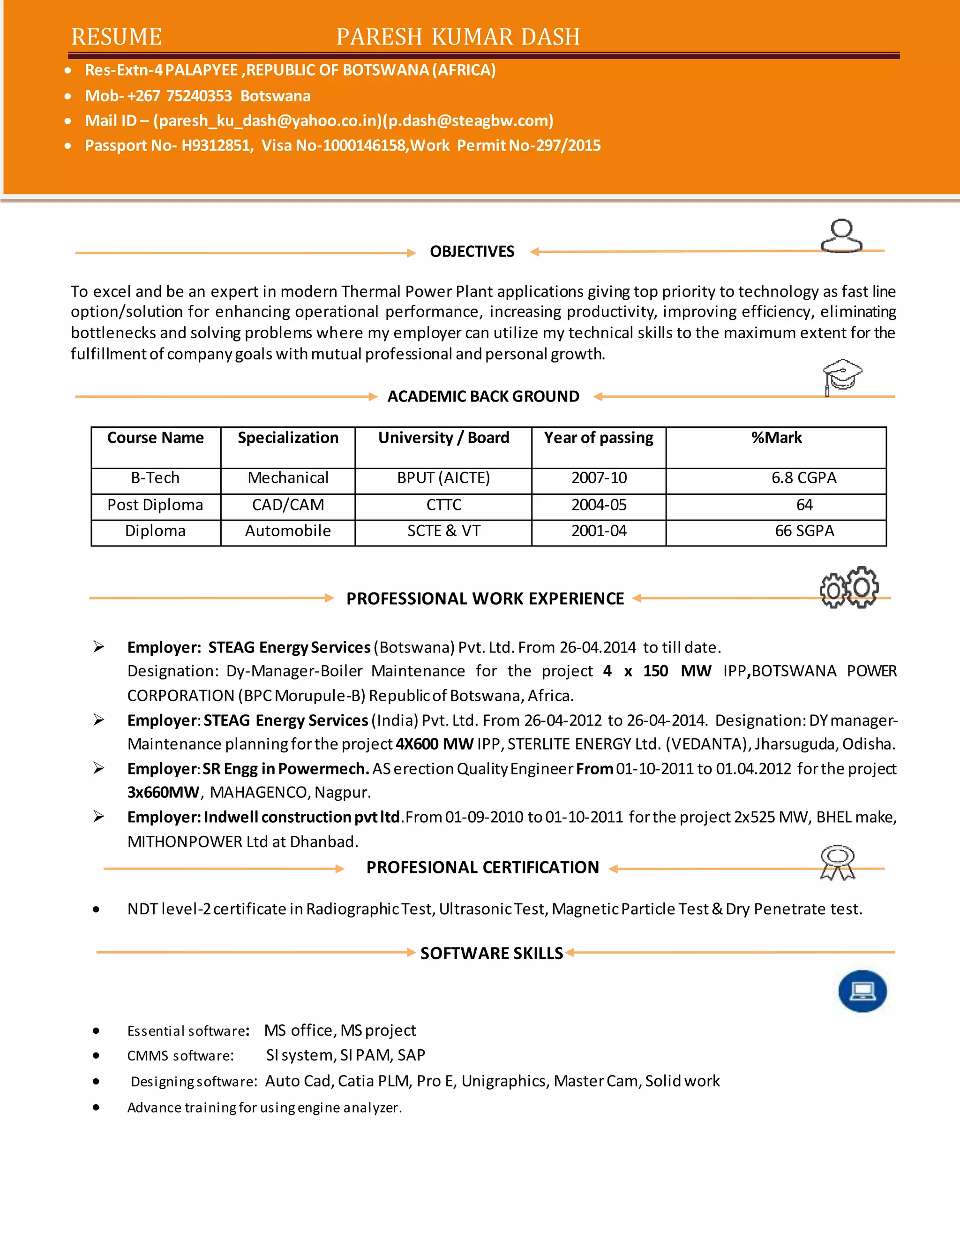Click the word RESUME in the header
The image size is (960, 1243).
tap(117, 37)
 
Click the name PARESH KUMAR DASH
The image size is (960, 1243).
tap(458, 37)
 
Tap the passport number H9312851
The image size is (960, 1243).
tap(216, 146)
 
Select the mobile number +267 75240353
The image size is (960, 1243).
tap(180, 96)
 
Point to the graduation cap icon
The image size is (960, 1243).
tap(842, 376)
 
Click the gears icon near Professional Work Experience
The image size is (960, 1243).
tap(848, 587)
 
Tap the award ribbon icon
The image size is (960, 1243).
tap(837, 862)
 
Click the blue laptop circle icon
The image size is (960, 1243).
tap(862, 991)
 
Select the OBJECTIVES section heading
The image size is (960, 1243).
tap(472, 251)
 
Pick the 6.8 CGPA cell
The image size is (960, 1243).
tap(803, 478)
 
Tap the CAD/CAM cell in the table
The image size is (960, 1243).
tap(288, 505)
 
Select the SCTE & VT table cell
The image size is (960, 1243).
tap(443, 531)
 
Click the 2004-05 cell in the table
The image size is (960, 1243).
tap(599, 505)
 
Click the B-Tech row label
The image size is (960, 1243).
tap(155, 478)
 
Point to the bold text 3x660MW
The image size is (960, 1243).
tap(163, 792)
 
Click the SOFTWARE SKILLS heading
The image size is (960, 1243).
tap(491, 953)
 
